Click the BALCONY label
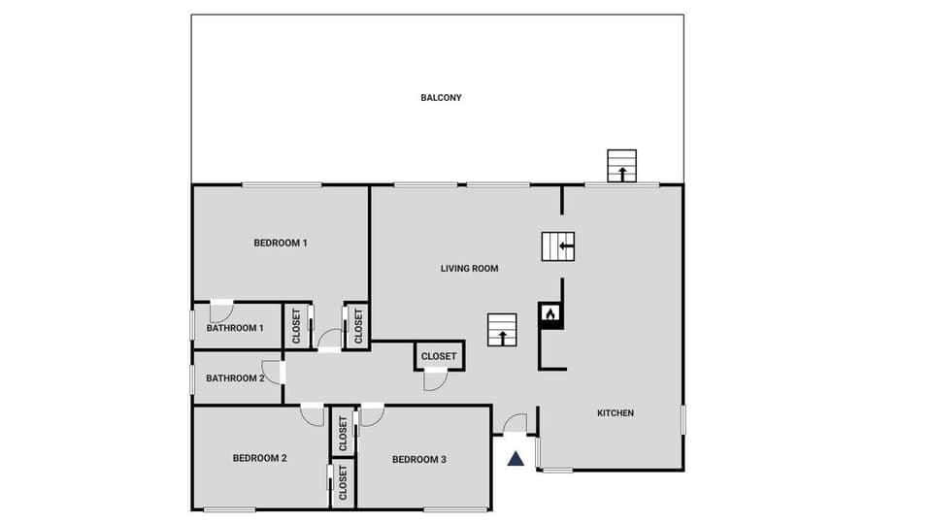pos(441,98)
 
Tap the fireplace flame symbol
pos(549,313)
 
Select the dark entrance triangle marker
pos(516,458)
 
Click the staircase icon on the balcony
pos(621,166)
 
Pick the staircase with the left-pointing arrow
pos(558,246)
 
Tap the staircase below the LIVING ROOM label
pos(502,329)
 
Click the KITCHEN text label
pos(615,413)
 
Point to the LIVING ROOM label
pos(469,269)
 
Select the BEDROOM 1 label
pos(281,243)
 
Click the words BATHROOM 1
pos(235,328)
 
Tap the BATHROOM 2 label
pos(235,378)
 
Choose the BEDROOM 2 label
pos(259,458)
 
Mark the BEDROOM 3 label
pos(418,459)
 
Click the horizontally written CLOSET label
pos(439,356)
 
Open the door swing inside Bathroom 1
pos(221,311)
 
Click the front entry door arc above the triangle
pos(515,424)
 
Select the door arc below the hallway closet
pos(435,380)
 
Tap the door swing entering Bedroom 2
pos(312,414)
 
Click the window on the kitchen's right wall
pos(682,419)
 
